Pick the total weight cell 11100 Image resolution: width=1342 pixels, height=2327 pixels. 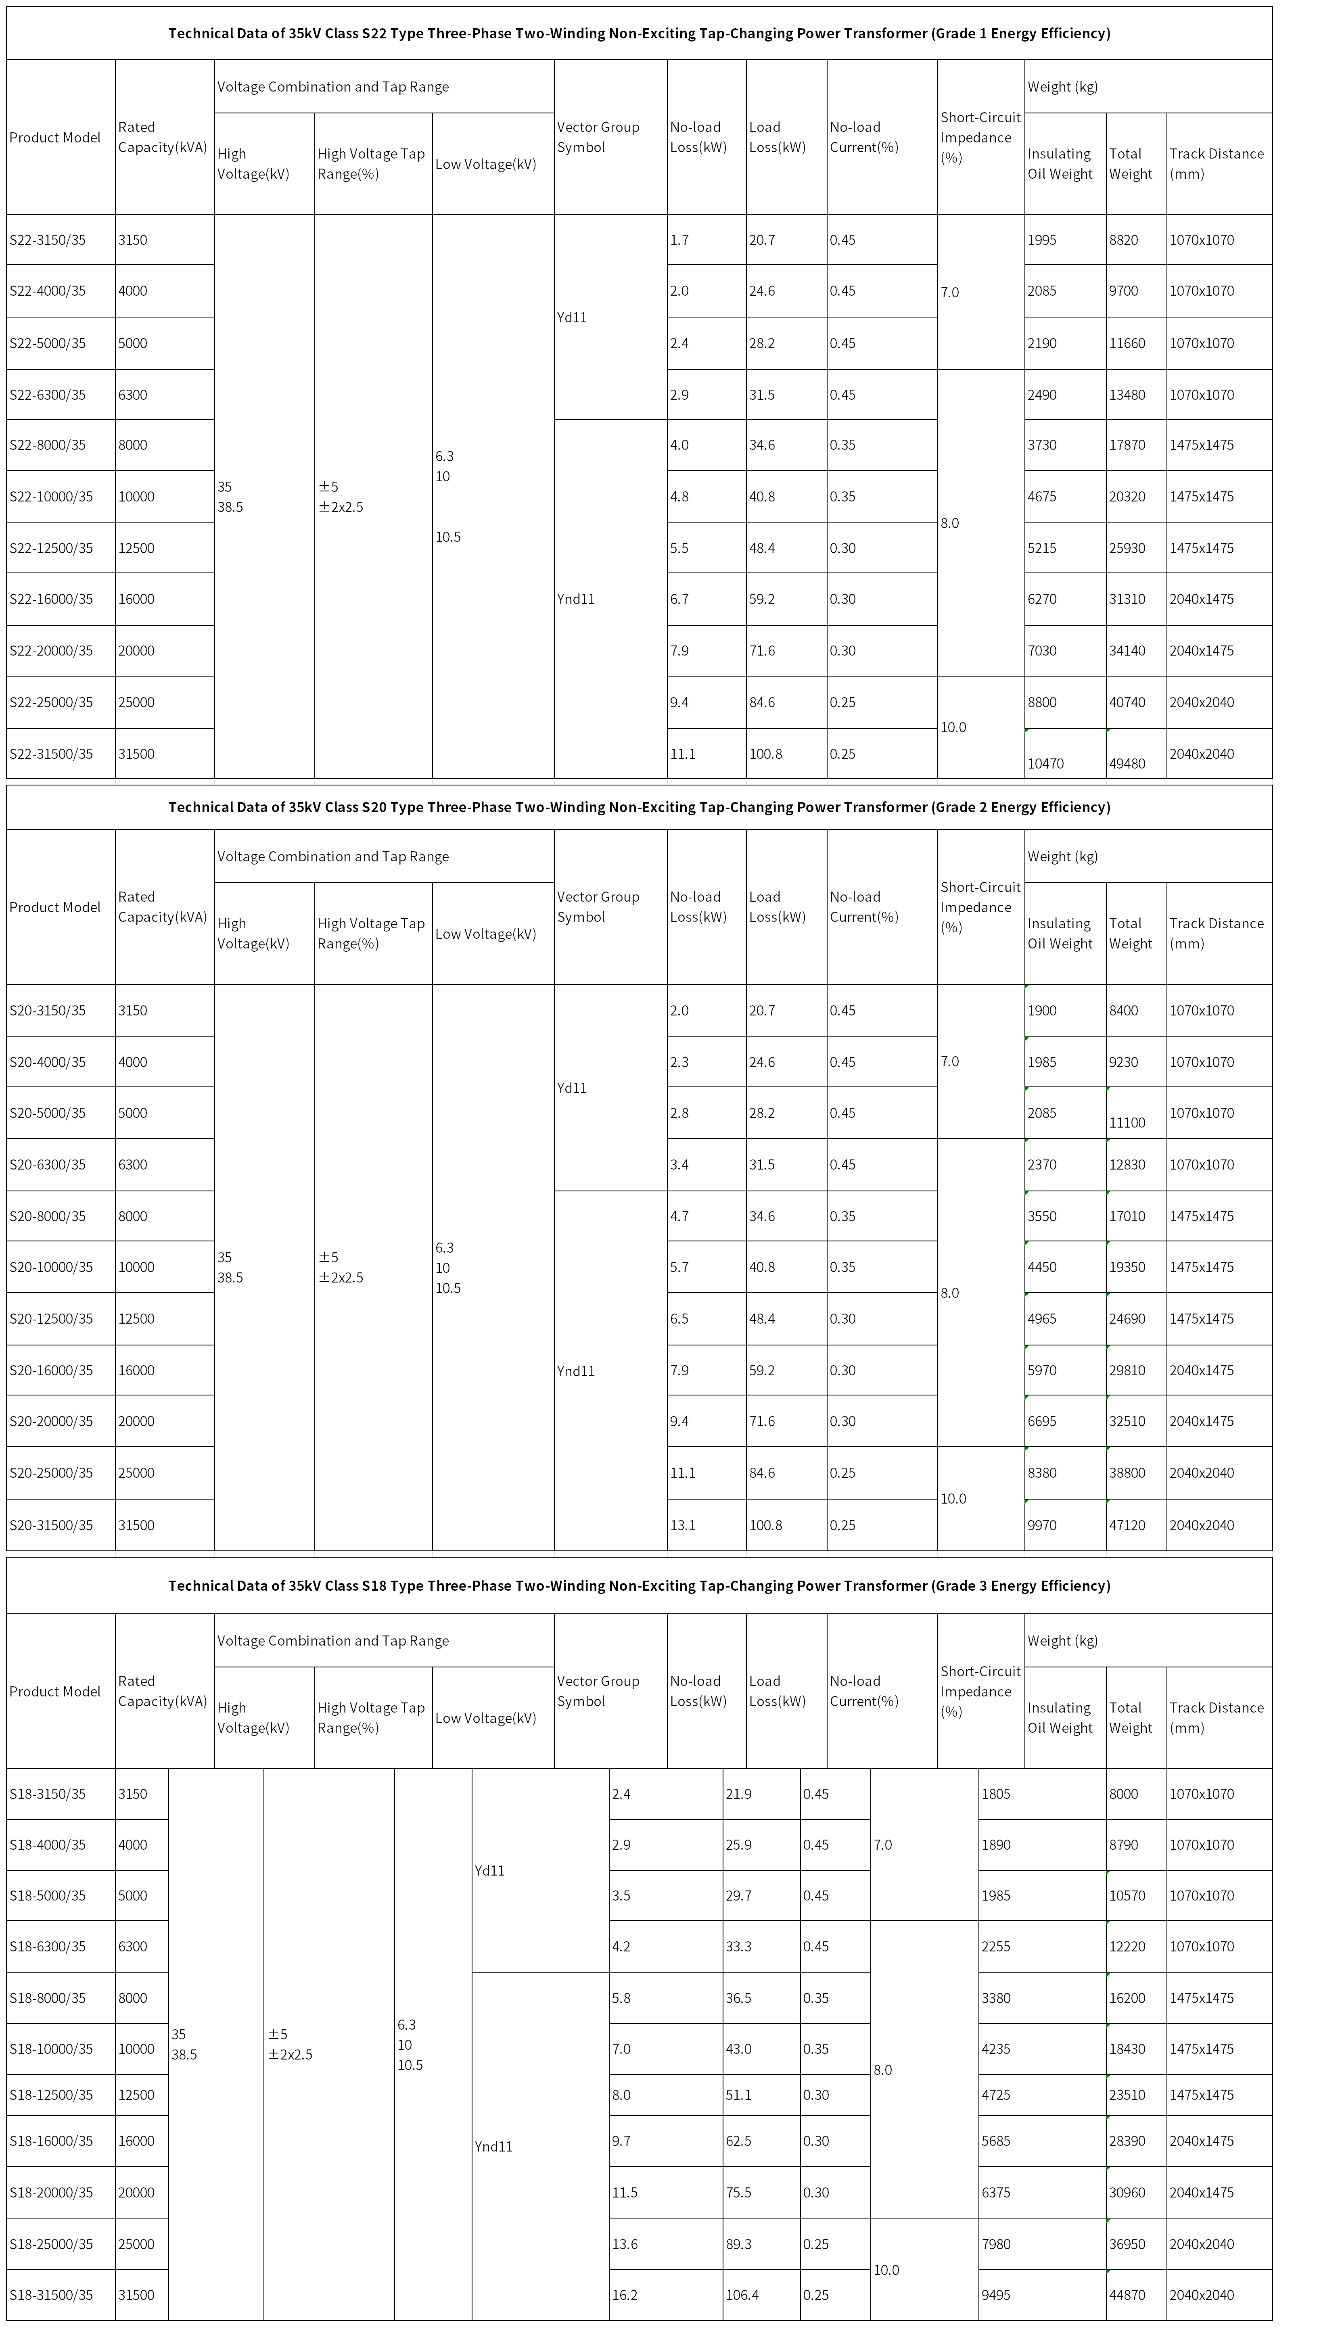[1126, 1122]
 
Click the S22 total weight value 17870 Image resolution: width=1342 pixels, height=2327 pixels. [1126, 445]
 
